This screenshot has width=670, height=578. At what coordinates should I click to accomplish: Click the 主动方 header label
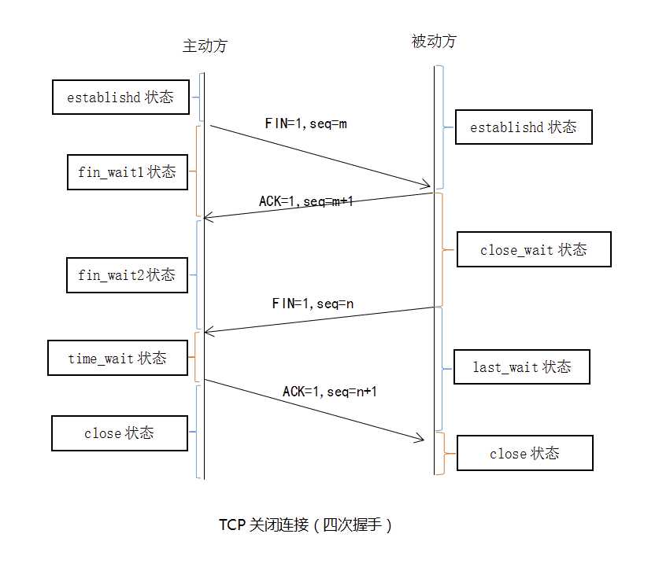205,46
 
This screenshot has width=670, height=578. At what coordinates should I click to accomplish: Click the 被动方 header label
434,42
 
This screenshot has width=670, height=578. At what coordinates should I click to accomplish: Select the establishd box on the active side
120,98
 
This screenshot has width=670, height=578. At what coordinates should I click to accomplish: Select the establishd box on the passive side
524,127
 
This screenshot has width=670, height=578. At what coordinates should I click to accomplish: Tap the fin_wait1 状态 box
127,171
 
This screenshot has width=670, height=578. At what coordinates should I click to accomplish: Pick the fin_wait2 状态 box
127,275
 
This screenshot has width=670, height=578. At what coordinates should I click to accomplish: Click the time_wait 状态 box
117,358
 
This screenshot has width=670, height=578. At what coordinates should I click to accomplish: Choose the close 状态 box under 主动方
119,433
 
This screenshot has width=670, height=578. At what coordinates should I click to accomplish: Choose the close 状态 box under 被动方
524,454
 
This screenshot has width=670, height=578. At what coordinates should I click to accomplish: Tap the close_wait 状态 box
534,250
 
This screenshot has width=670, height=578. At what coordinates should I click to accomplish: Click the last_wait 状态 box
521,367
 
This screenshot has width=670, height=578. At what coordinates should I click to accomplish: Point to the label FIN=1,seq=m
306,123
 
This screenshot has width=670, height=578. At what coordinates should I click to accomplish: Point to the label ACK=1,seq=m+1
306,201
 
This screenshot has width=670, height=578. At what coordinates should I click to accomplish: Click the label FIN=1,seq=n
313,304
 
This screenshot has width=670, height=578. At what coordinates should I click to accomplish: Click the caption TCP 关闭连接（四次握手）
305,525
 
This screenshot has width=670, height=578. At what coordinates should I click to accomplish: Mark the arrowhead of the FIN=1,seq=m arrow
428,186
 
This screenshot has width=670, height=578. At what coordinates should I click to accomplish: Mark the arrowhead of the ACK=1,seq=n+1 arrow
420,440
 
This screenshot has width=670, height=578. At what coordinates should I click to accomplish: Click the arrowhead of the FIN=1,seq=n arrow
208,332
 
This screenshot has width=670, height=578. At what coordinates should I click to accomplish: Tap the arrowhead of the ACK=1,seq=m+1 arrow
208,217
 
